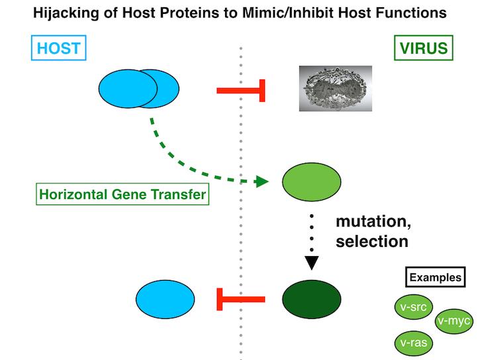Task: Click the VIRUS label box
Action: pyautogui.click(x=422, y=48)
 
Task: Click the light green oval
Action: pyautogui.click(x=311, y=181)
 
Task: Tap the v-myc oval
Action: pyautogui.click(x=454, y=322)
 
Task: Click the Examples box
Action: pyautogui.click(x=434, y=277)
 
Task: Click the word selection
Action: pyautogui.click(x=371, y=241)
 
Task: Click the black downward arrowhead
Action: pyautogui.click(x=312, y=263)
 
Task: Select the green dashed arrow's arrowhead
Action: pyautogui.click(x=262, y=181)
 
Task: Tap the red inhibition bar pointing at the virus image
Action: pyautogui.click(x=242, y=89)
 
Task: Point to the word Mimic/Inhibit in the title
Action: pyautogui.click(x=291, y=12)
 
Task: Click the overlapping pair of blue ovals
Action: pyautogui.click(x=138, y=89)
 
